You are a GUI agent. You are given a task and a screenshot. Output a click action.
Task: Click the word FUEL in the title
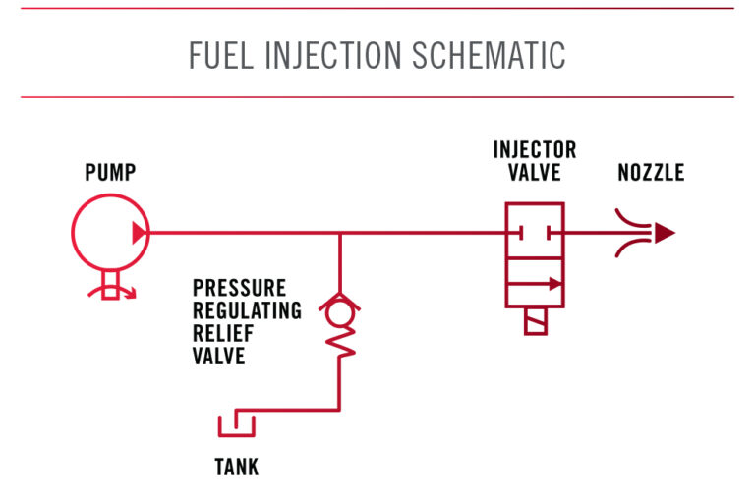(x=221, y=55)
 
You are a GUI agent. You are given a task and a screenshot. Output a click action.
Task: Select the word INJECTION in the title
(x=333, y=55)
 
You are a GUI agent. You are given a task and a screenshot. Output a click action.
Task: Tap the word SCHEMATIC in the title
(x=489, y=55)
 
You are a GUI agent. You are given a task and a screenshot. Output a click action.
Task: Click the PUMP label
(x=110, y=173)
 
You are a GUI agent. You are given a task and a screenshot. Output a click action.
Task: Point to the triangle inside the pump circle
(x=139, y=233)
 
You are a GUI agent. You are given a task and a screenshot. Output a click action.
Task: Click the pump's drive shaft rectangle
(x=110, y=285)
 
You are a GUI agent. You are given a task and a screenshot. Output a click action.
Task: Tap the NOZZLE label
(x=651, y=173)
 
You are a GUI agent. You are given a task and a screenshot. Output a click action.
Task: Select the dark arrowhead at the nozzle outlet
(x=664, y=233)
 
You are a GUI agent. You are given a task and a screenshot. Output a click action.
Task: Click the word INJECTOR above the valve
(x=535, y=150)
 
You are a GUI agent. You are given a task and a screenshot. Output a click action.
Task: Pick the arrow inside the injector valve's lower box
(x=535, y=284)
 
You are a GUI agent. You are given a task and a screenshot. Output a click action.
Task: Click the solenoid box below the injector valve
(x=536, y=321)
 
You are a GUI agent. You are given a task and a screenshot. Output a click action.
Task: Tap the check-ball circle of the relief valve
(x=340, y=311)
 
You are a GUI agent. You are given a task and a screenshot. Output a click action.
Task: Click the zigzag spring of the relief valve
(x=340, y=342)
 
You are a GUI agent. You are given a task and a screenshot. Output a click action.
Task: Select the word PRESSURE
(x=239, y=288)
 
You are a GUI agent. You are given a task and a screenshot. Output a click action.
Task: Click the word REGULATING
(x=247, y=310)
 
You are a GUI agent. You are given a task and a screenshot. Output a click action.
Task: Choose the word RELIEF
(x=223, y=333)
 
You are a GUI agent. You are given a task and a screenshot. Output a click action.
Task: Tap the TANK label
(x=236, y=467)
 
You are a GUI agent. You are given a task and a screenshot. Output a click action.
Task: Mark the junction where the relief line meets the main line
(x=340, y=233)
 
